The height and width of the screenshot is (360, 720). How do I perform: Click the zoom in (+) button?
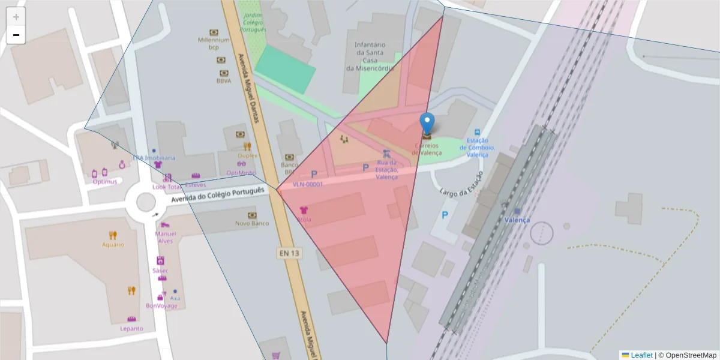[x=16, y=17]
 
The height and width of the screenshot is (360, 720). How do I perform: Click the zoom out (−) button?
[x=16, y=35]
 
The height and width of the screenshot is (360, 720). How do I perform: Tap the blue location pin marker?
[x=427, y=124]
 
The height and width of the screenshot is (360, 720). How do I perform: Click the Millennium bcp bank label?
[x=214, y=43]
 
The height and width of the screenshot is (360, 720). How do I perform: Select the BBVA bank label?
[x=223, y=80]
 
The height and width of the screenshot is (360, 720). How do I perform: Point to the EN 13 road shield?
[x=289, y=253]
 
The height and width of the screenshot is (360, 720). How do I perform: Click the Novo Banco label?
[x=251, y=223]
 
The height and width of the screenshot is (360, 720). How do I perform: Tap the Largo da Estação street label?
[x=461, y=185]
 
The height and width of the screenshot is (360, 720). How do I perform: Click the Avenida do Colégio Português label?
[x=217, y=195]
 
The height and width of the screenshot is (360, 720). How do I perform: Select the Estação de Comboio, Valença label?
[x=477, y=147]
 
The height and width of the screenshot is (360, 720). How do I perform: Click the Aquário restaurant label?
[x=113, y=244]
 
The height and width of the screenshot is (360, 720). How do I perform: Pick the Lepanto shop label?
[x=131, y=328]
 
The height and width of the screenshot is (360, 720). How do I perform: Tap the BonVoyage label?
[x=161, y=305]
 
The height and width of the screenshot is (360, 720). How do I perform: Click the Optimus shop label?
[x=104, y=181]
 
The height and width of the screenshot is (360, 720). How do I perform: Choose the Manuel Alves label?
[x=164, y=237]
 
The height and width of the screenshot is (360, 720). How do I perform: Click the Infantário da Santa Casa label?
[x=370, y=56]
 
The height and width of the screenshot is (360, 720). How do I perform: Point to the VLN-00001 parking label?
[x=307, y=184]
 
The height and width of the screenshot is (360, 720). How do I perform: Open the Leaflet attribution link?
[x=641, y=355]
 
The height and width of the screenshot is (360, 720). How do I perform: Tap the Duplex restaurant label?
[x=247, y=155]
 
